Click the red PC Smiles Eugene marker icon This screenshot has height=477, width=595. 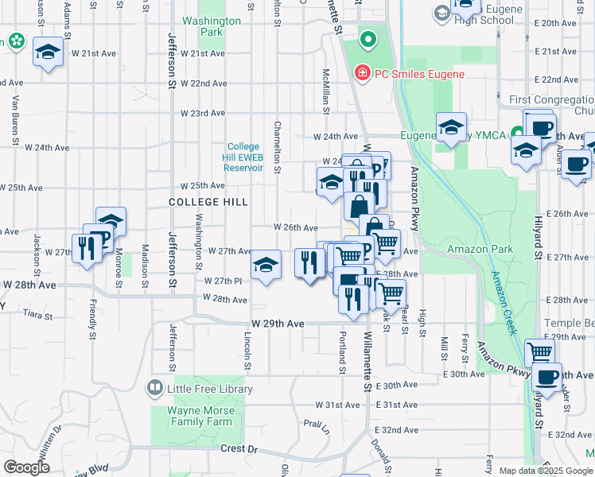point(363,73)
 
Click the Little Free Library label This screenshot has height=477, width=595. point(209,389)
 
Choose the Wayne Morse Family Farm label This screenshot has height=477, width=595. point(201,417)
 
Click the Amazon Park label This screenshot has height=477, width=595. point(480,250)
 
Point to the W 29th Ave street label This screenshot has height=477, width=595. point(278,324)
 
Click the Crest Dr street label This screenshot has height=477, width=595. point(240,449)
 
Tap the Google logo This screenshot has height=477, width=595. point(27,467)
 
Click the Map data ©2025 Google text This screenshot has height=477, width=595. point(546,471)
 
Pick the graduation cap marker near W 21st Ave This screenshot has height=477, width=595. point(48,52)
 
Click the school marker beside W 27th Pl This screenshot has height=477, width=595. point(266,264)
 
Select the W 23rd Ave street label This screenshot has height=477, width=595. point(202,114)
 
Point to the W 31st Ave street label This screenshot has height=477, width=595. point(338,405)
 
